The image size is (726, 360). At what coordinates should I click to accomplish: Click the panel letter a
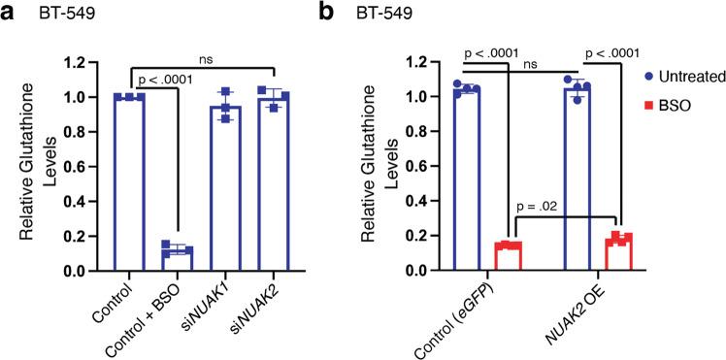pos(9,13)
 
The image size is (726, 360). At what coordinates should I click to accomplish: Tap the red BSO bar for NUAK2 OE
pos(618,254)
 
